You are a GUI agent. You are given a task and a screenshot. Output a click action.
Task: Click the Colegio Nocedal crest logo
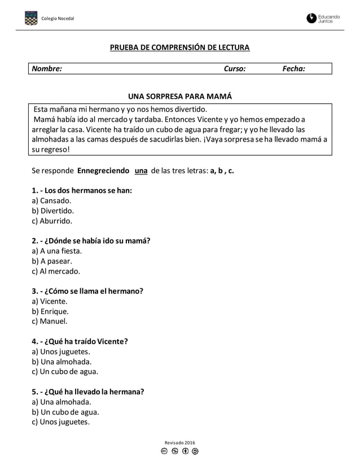(30, 19)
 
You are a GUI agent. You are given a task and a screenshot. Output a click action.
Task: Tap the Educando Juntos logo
(323, 19)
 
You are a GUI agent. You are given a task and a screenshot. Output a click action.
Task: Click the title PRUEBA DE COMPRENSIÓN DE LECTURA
(179, 47)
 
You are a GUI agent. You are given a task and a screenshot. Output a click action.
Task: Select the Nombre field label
(46, 69)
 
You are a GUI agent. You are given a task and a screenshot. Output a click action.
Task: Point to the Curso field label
(235, 69)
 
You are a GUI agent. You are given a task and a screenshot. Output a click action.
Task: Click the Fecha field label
(294, 69)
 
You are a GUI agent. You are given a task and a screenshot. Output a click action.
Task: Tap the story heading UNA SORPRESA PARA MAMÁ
(180, 96)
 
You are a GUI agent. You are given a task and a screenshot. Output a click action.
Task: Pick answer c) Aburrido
(52, 221)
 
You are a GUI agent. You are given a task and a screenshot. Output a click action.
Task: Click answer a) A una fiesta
(57, 251)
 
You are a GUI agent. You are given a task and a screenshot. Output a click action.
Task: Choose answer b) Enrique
(51, 311)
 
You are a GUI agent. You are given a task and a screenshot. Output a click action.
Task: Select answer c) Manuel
(50, 322)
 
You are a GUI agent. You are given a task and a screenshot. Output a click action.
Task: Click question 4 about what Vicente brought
(80, 341)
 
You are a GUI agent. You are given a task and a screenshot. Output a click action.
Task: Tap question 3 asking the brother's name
(87, 291)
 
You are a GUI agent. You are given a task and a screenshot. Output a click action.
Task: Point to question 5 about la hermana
(88, 392)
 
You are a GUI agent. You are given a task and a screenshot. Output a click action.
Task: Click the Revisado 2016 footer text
(179, 443)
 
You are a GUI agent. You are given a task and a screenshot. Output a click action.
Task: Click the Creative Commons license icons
(179, 452)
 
